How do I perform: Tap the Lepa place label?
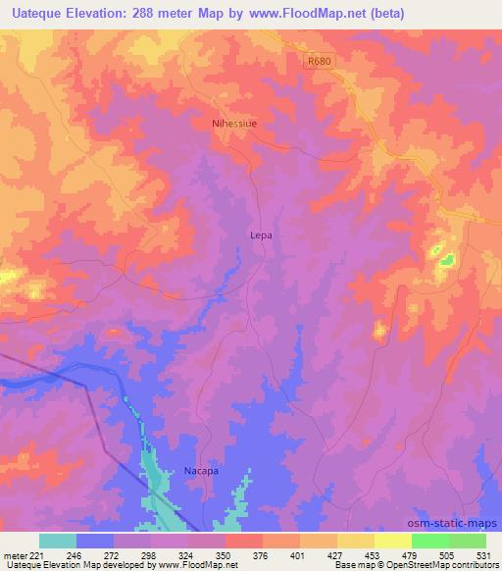260,236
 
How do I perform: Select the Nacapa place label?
201,471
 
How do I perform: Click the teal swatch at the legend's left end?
58,541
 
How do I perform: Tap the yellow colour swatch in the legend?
392,541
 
